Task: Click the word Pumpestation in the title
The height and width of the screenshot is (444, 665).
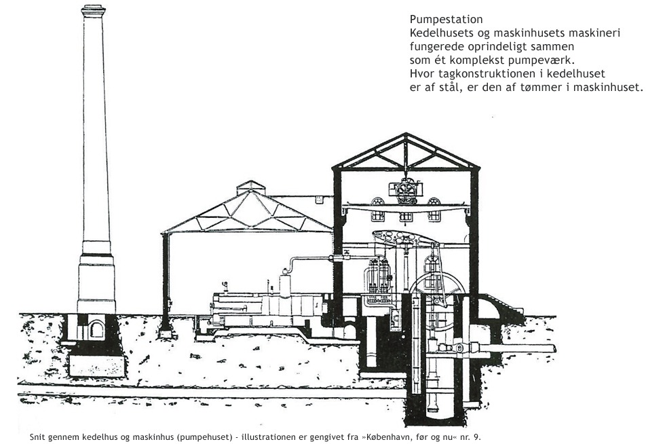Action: pyautogui.click(x=446, y=20)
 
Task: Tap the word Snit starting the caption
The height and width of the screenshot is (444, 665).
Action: pyautogui.click(x=37, y=437)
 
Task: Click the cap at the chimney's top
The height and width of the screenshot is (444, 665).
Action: pyautogui.click(x=93, y=10)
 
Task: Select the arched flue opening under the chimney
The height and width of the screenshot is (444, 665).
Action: pyautogui.click(x=96, y=329)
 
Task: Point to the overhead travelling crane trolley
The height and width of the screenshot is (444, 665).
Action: pyautogui.click(x=406, y=191)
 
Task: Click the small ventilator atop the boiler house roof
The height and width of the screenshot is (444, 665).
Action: pyautogui.click(x=250, y=187)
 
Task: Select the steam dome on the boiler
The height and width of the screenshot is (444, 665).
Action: pyautogui.click(x=285, y=284)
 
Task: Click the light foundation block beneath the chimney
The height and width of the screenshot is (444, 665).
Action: pyautogui.click(x=97, y=365)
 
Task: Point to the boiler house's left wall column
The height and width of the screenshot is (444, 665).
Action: pyautogui.click(x=166, y=284)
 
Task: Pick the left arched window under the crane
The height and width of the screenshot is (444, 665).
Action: pyautogui.click(x=377, y=209)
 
